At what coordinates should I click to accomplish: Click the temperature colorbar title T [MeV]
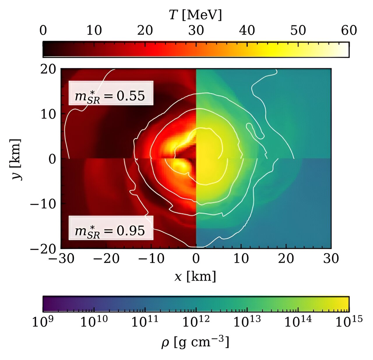[195, 15]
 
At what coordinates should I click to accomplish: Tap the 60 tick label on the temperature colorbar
[349, 30]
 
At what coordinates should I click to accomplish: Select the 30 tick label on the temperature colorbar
[196, 30]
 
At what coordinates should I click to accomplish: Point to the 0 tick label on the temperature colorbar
[43, 30]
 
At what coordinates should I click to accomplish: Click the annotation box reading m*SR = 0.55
[111, 93]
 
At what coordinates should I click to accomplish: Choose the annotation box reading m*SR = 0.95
[111, 228]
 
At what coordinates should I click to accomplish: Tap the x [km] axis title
[195, 276]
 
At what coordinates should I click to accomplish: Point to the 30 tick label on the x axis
[331, 258]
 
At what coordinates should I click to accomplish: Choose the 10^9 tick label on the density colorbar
[43, 322]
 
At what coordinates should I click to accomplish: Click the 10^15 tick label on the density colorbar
[349, 322]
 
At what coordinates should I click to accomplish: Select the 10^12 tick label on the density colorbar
[196, 322]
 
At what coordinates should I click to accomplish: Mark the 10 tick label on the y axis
[48, 114]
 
